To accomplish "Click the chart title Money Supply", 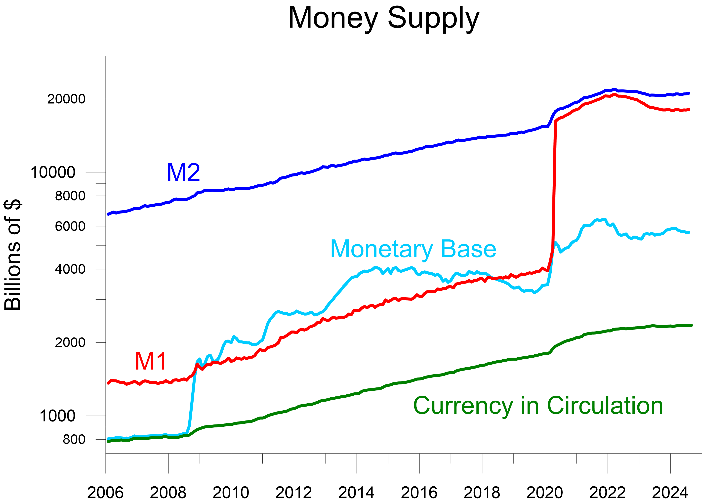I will pos(383,19).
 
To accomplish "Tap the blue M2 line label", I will pos(183,172).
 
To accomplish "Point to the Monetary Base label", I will pos(413,249).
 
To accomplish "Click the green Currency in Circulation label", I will pos(538,406).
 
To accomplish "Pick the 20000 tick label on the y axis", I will pos(66,99).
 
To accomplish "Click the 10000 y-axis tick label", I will pos(53,172).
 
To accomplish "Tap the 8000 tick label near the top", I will pos(70,196).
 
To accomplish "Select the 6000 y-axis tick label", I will pos(70,226).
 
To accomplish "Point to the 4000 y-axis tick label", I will pos(70,269).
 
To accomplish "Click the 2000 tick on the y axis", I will pos(70,342).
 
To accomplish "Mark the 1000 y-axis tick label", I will pos(57,416).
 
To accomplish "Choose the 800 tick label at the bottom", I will pos(74,439).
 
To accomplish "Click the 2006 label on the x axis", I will pos(105,492).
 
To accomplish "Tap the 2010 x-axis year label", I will pos(231,492).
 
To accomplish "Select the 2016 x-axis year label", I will pos(419,492).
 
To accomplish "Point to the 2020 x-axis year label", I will pos(545,492).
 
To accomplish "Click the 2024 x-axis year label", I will pos(670,492).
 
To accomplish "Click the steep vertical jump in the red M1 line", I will pos(554,185).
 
